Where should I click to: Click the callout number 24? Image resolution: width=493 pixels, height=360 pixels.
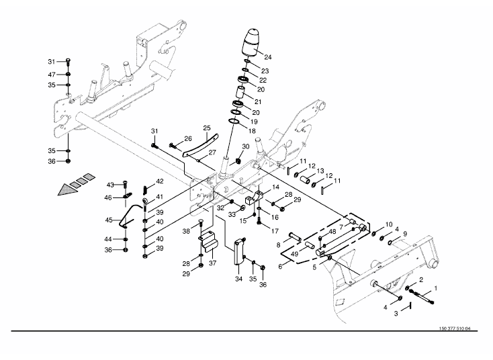(268, 56)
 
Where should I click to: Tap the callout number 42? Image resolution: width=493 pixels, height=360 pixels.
(160, 182)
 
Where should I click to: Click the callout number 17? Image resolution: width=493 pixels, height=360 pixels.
(275, 230)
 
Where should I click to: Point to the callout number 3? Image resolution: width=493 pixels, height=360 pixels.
(396, 313)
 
